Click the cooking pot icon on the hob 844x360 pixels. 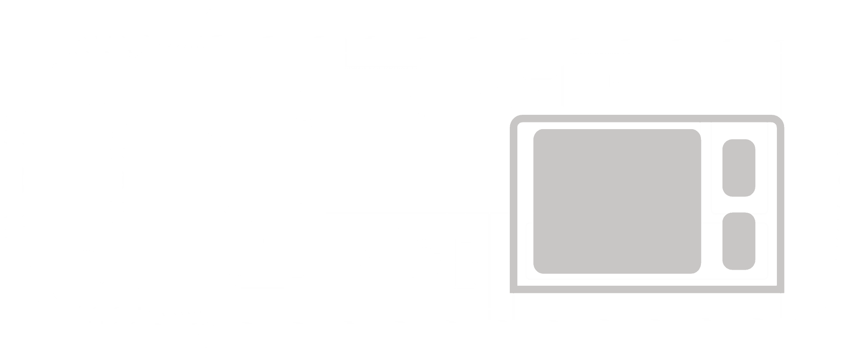[480, 87]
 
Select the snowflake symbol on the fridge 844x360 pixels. [616, 81]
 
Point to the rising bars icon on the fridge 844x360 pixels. [595, 82]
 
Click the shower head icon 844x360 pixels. [367, 256]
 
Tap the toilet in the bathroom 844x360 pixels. [424, 260]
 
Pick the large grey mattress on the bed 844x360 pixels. [617, 201]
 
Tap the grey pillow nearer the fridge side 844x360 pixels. [738, 168]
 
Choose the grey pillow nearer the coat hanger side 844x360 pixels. [738, 241]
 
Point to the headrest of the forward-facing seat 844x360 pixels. [301, 240]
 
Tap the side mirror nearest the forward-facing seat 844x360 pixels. [210, 338]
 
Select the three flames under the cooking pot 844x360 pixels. [480, 95]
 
